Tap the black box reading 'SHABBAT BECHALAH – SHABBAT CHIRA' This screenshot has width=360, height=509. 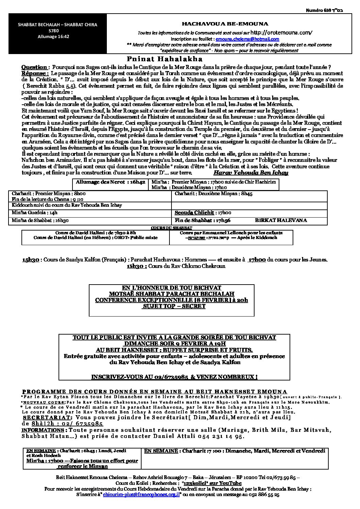(x=58, y=25)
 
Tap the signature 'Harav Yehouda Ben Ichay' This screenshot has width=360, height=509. (x=251, y=173)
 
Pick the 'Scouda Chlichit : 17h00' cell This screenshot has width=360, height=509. (x=203, y=213)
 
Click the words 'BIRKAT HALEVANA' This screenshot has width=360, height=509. (x=281, y=220)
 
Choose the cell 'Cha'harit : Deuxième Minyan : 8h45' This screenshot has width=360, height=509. (x=208, y=194)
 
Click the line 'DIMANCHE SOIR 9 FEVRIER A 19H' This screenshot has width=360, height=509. (x=174, y=344)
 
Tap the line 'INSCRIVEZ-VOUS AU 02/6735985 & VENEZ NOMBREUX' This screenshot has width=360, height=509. (x=174, y=377)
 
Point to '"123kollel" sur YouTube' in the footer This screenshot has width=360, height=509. (x=212, y=483)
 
